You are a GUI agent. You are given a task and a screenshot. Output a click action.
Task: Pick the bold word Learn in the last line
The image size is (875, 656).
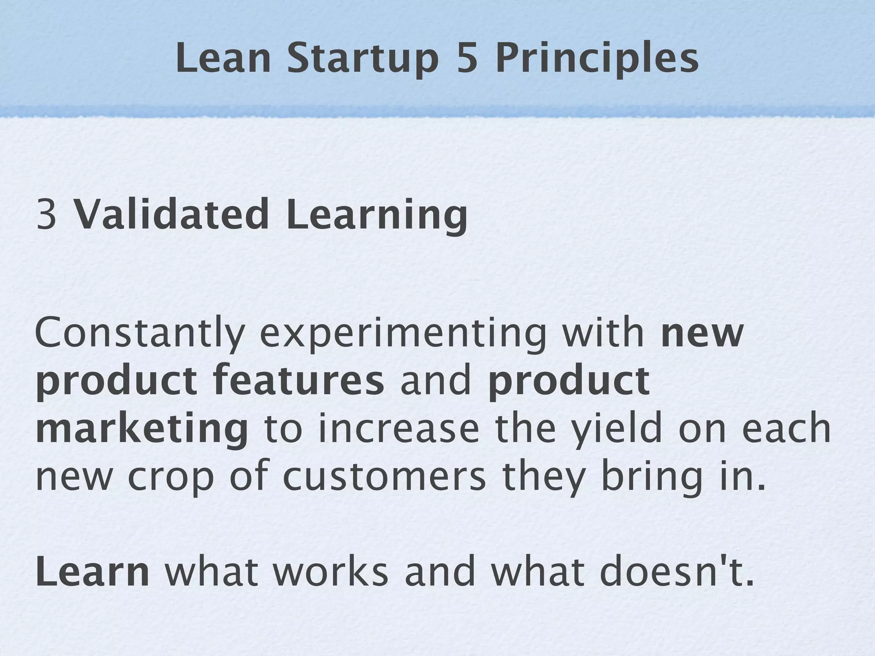point(92,572)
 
